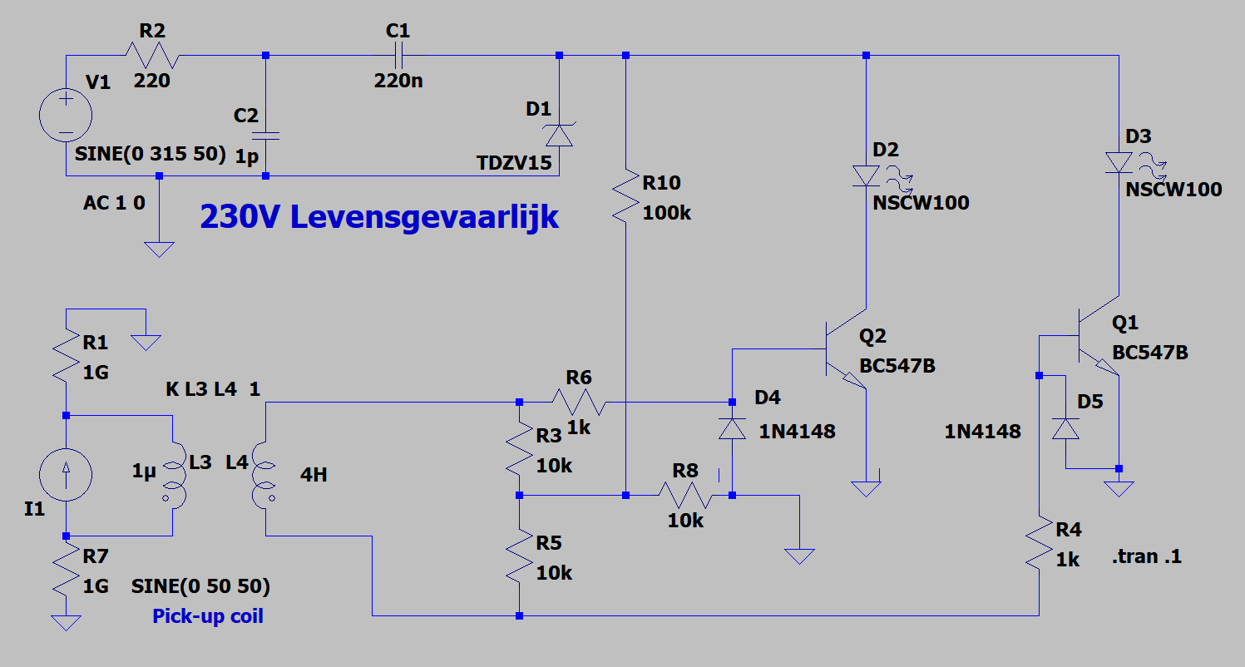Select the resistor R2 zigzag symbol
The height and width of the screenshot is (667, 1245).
(151, 55)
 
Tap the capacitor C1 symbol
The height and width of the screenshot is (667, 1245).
(398, 55)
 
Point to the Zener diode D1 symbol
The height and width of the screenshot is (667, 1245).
(559, 135)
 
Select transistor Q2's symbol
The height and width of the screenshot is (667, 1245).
(846, 349)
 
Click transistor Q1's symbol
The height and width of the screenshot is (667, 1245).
(1099, 336)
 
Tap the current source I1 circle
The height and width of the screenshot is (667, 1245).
(66, 475)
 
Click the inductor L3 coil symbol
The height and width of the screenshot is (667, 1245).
(174, 476)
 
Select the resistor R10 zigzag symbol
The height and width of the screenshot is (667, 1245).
(626, 197)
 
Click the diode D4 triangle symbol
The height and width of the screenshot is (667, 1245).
(732, 429)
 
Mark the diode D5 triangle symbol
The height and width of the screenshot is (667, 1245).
(1065, 429)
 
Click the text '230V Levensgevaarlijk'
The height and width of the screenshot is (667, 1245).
(379, 217)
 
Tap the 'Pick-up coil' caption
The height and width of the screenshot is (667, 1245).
(208, 616)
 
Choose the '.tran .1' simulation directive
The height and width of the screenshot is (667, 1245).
(1147, 556)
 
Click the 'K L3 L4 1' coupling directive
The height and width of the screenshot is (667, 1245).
(213, 389)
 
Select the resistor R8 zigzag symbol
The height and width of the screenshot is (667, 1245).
(685, 495)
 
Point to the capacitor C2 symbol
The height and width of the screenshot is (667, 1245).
(265, 136)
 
